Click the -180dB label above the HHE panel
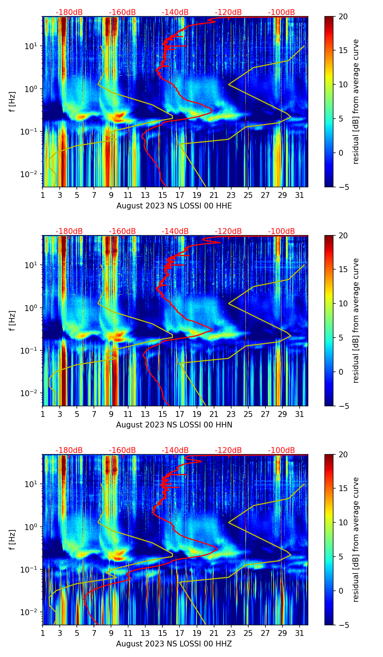click(69, 12)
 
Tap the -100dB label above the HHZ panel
click(281, 450)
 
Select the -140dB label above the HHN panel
click(175, 231)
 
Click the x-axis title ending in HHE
click(174, 206)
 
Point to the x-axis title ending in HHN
click(174, 425)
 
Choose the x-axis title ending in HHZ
click(174, 644)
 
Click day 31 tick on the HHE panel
click(300, 195)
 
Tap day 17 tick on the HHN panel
click(180, 414)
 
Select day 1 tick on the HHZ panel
click(43, 633)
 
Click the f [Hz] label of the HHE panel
click(12, 102)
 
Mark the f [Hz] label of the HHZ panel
click(12, 540)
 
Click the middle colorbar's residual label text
click(356, 320)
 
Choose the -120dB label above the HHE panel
click(228, 12)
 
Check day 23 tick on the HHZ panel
click(231, 633)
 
